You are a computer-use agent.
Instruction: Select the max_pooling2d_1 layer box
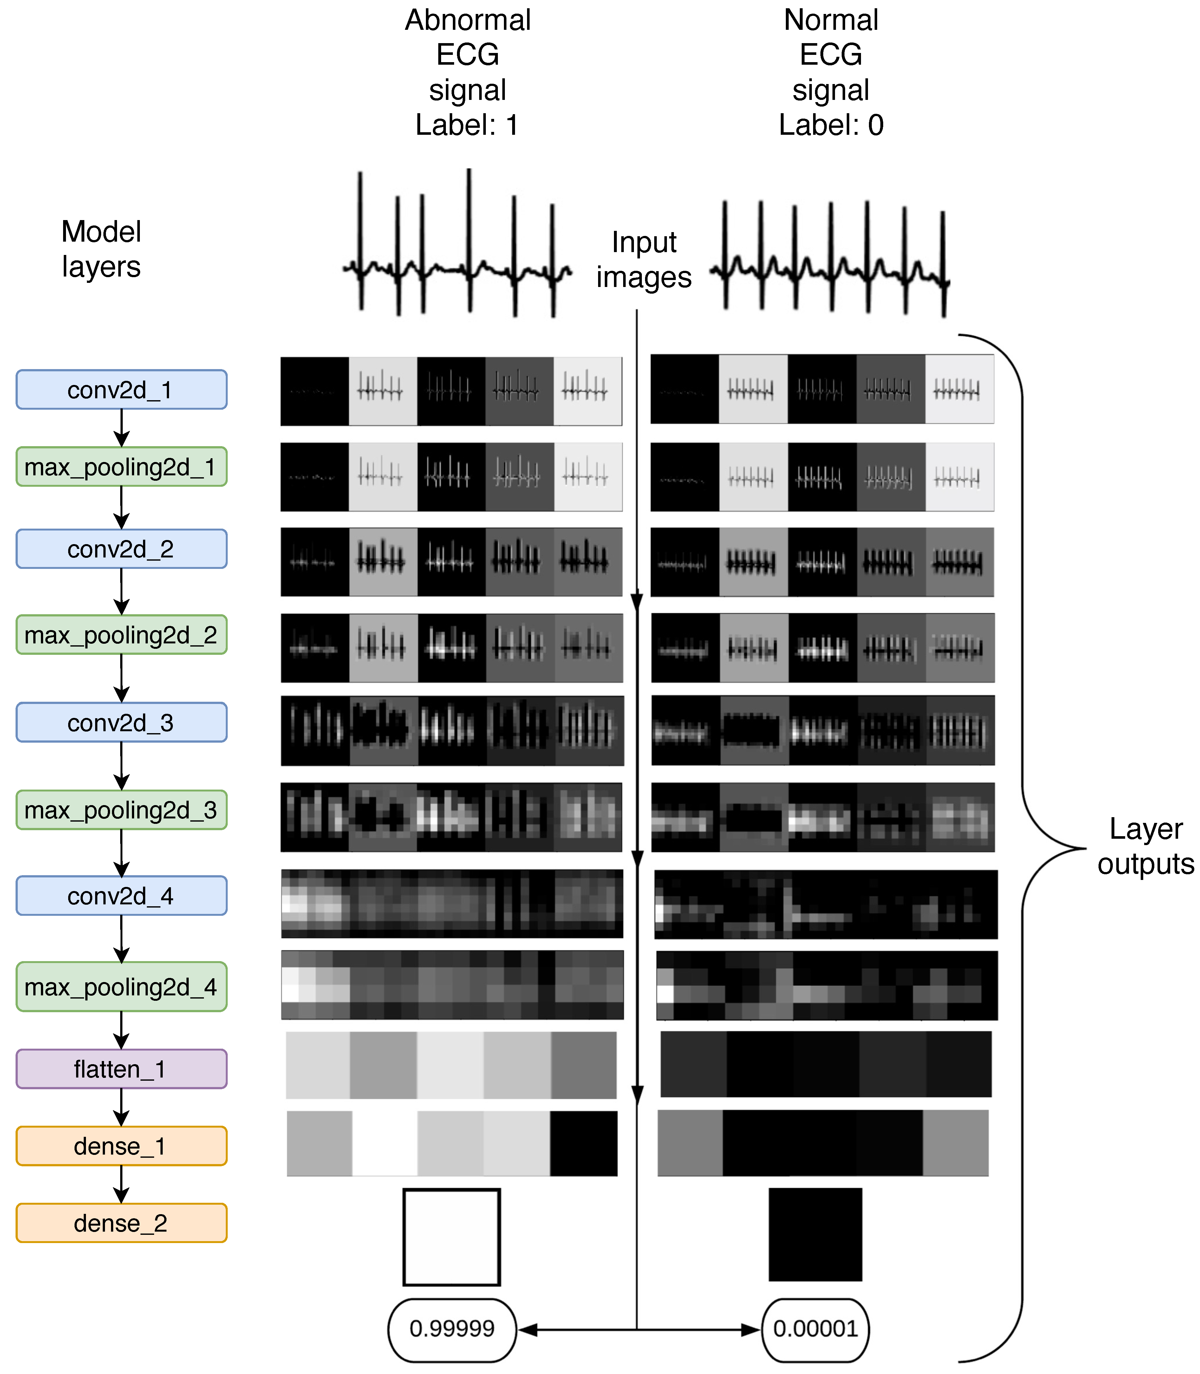[x=121, y=467]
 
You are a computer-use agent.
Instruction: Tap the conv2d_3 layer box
[x=121, y=722]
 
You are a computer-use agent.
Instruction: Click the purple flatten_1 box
[x=121, y=1069]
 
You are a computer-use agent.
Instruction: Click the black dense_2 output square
[x=815, y=1234]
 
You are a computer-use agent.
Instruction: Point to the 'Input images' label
[x=643, y=260]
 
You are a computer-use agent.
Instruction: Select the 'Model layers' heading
[x=101, y=249]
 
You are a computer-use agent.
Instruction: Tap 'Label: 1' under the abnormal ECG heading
[x=467, y=125]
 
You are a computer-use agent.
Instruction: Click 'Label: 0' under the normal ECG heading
[x=830, y=125]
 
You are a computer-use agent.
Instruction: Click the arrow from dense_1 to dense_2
[x=121, y=1184]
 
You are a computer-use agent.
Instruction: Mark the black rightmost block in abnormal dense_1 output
[x=583, y=1144]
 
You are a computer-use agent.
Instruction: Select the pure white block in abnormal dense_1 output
[x=384, y=1144]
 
